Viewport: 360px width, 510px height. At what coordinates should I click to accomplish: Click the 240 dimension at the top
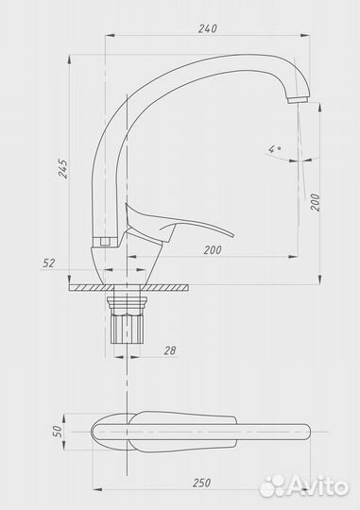click(x=207, y=28)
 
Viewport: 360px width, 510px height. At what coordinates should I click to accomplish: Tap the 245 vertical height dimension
click(x=63, y=168)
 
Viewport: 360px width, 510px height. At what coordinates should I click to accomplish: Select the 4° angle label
click(x=275, y=149)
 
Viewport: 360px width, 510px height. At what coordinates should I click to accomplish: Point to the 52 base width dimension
click(x=48, y=263)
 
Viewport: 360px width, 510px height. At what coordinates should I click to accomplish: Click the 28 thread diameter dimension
click(x=169, y=350)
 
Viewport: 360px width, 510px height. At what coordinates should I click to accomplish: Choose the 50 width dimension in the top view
click(x=58, y=431)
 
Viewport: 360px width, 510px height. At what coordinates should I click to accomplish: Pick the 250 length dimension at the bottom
click(x=201, y=483)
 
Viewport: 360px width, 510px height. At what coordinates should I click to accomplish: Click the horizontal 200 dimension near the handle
click(x=213, y=250)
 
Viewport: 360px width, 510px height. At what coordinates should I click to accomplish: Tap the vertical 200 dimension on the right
click(x=315, y=202)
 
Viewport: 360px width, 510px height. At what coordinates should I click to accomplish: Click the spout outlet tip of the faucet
click(x=299, y=99)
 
